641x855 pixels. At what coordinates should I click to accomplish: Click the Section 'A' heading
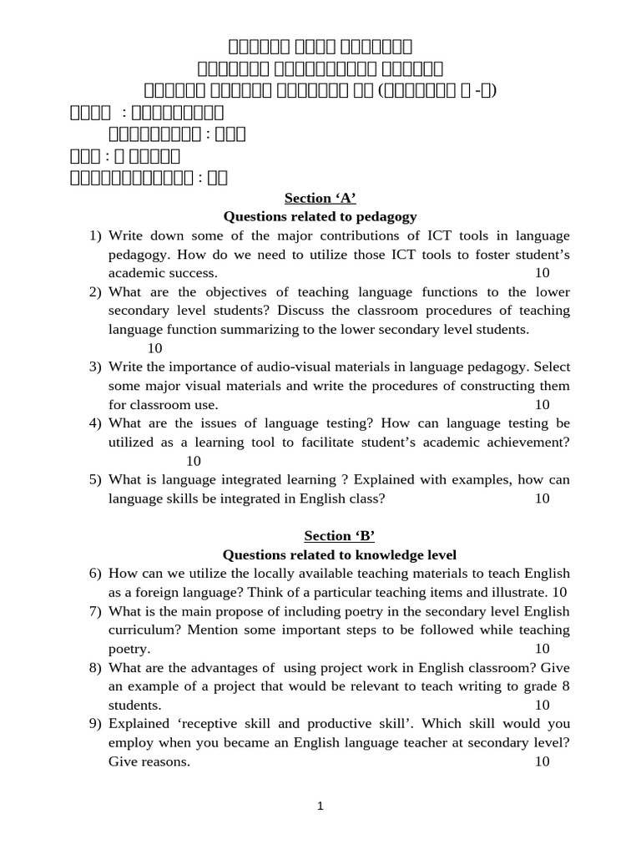[320, 198]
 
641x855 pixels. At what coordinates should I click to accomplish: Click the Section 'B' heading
[320, 536]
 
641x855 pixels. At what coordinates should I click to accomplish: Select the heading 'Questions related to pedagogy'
[320, 217]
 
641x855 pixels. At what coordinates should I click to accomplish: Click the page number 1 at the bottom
[320, 807]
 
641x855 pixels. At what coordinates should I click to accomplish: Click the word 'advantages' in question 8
[235, 667]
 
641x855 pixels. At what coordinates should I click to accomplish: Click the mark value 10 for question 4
[194, 461]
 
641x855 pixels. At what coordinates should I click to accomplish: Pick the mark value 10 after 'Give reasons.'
[542, 761]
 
